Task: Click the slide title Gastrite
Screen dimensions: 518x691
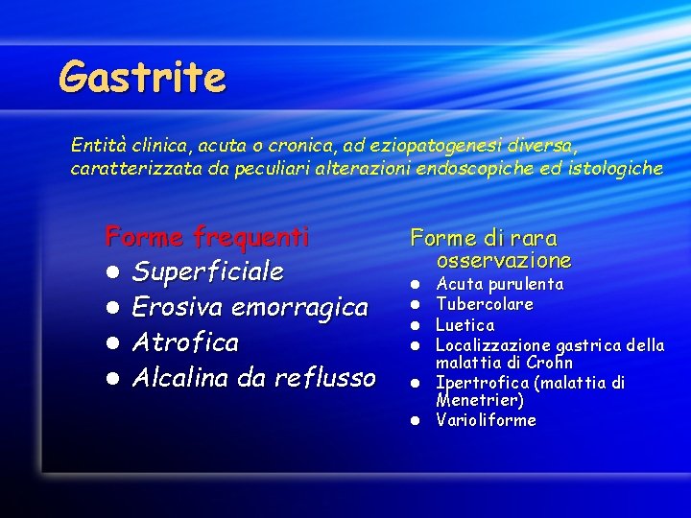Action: click(x=142, y=77)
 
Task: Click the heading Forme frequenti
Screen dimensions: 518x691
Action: click(x=207, y=235)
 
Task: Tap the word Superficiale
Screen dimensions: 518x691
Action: click(x=208, y=271)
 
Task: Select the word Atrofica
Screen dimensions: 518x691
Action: click(x=185, y=342)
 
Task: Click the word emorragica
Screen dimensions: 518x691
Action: click(x=299, y=307)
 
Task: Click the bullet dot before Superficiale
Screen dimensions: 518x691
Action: click(x=113, y=272)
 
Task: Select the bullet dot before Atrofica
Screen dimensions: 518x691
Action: click(x=113, y=343)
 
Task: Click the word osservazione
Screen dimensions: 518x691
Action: click(x=503, y=260)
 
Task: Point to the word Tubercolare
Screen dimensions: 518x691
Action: click(x=485, y=304)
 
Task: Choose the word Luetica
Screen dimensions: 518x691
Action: click(x=465, y=325)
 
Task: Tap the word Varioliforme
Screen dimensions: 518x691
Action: click(x=486, y=420)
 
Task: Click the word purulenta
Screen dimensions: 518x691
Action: click(x=528, y=284)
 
